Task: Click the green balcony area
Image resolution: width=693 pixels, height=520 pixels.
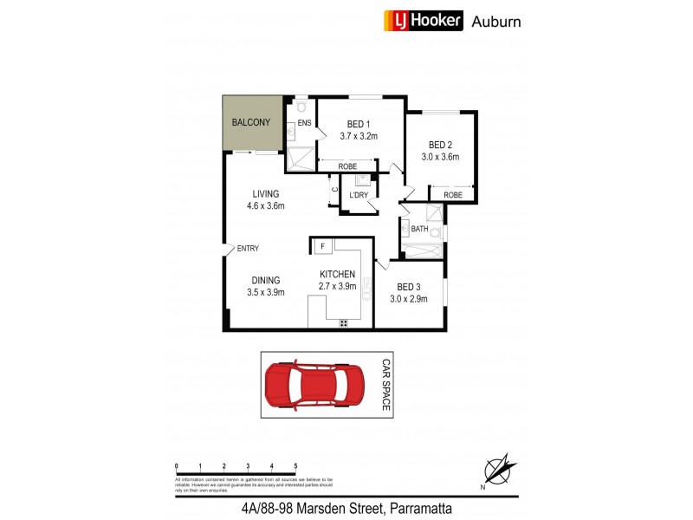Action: click(252, 122)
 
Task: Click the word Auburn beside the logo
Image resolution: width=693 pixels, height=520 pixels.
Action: click(495, 22)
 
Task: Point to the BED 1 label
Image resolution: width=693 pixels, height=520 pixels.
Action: click(359, 123)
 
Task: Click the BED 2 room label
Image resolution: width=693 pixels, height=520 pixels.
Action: click(440, 145)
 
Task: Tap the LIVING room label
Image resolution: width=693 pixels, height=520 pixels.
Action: click(265, 193)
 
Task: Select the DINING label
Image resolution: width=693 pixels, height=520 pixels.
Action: click(265, 280)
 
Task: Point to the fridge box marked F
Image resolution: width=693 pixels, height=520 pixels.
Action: click(322, 247)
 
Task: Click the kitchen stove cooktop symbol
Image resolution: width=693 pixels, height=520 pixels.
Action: click(344, 323)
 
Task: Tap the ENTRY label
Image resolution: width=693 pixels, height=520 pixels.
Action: click(248, 249)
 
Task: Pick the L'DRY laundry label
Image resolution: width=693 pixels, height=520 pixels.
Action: click(359, 195)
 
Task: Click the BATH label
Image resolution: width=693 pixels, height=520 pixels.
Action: click(419, 229)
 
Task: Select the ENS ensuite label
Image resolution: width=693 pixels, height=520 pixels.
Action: click(304, 124)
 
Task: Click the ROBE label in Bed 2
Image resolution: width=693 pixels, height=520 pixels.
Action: click(453, 195)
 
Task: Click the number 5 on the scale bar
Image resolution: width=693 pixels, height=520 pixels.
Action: click(295, 466)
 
